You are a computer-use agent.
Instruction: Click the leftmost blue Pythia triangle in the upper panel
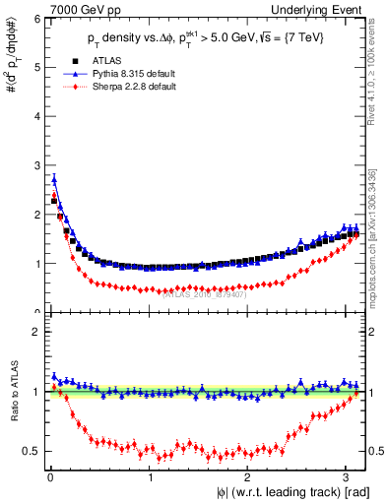coord(54,179)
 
